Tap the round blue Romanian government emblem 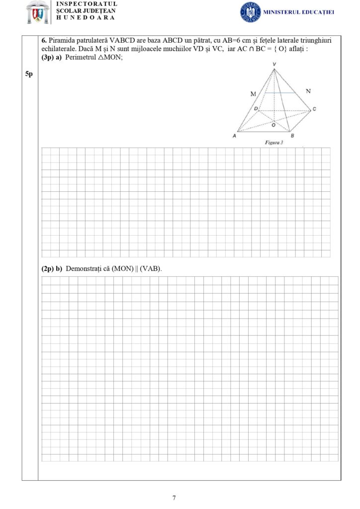pos(250,11)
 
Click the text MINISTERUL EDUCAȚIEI pos(296,12)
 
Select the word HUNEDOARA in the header pos(86,17)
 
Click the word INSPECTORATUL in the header pos(87,4)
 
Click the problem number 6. pos(44,40)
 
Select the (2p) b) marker pos(52,268)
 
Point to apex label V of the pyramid pos(274,65)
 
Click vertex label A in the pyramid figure pos(234,136)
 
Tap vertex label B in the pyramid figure pos(292,136)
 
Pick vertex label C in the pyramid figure pos(314,109)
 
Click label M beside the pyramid pos(253,93)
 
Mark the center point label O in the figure pos(273,125)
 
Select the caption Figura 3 pos(274,143)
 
